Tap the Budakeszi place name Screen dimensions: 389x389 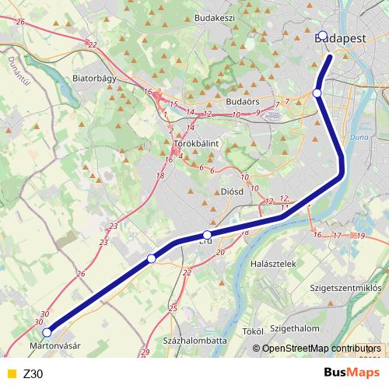point(215,18)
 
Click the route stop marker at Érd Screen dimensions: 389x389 point(207,234)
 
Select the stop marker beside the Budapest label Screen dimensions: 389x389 point(324,35)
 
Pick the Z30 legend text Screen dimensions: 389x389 point(33,373)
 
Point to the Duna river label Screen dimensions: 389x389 point(359,138)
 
